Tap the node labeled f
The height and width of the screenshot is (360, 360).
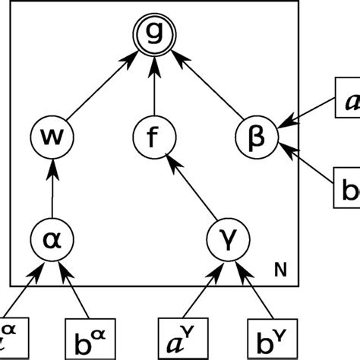point(154,140)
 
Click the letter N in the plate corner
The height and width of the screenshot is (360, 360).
point(279,268)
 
